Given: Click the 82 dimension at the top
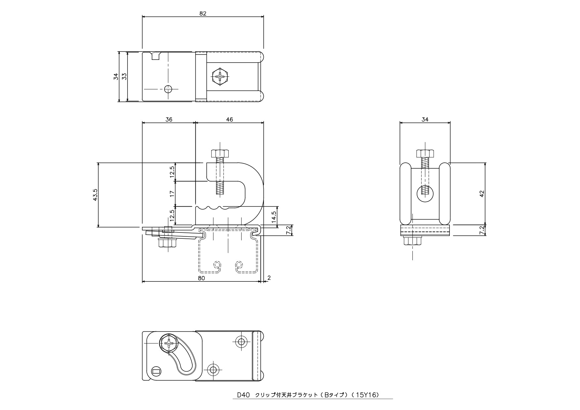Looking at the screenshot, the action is pos(203,13).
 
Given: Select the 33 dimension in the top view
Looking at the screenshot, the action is pos(124,76).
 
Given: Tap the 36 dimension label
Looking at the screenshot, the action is pos(169,119).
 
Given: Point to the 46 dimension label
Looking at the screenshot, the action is pos(229,119).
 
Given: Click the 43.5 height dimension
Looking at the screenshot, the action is pos(96,195).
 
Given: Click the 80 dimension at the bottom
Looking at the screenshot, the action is pos(201,278).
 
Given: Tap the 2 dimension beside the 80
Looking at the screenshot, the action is pos(269,278).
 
